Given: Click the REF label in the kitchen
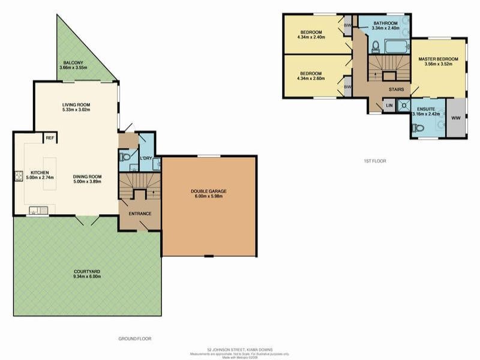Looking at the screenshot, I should tap(51, 137).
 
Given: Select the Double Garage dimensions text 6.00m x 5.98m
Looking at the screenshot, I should tap(209, 197).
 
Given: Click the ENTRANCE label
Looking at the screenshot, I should tap(140, 214).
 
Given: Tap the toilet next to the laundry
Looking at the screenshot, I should tap(125, 157).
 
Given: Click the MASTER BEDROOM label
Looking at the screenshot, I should tap(438, 59).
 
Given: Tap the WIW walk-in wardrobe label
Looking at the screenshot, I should tap(455, 118).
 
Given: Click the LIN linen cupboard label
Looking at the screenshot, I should tap(389, 106).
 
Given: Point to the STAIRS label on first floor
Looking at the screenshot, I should tap(396, 89).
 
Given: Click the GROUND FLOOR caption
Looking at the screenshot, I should tap(135, 338).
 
